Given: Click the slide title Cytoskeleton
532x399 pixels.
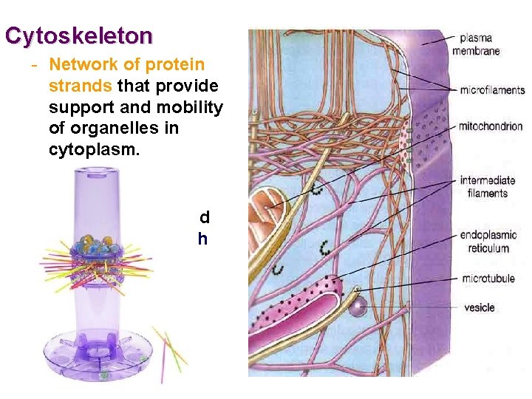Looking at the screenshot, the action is pos(78,35).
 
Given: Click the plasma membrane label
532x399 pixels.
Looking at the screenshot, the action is pos(480,44).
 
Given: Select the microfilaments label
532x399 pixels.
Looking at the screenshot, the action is pos(492,90).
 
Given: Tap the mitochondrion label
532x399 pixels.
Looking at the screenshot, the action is pos(491,126).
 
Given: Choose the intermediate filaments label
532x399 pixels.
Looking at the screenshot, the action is pos(487,187).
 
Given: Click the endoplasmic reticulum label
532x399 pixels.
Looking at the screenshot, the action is pos(488,242).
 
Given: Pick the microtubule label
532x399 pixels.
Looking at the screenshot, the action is pos(488,279).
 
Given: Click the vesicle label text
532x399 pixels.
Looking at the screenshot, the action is pos(480,307).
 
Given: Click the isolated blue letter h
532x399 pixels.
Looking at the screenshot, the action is pos(202,239).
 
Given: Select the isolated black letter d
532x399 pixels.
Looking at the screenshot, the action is pos(205,217).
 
